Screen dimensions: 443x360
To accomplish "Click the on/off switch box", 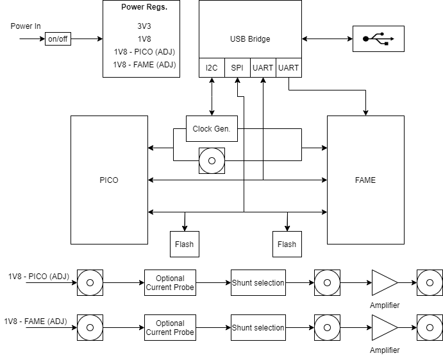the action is [x=58, y=39].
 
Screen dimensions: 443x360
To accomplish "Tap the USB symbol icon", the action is [x=378, y=39].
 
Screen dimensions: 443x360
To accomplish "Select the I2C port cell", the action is [x=212, y=68].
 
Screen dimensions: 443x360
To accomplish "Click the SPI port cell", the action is [x=237, y=68].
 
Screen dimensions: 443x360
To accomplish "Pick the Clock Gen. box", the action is [x=212, y=129].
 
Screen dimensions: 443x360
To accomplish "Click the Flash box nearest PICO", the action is [x=185, y=244].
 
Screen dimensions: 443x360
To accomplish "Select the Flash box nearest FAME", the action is [x=287, y=244].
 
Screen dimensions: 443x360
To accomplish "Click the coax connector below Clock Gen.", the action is [x=212, y=160].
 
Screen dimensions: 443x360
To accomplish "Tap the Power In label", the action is [x=26, y=26].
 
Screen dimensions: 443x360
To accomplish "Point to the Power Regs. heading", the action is [x=144, y=7].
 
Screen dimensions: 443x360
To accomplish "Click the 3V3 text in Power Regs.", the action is [x=144, y=26].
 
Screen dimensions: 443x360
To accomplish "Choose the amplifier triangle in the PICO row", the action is [x=385, y=282].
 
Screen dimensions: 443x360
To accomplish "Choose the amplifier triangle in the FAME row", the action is [x=385, y=327].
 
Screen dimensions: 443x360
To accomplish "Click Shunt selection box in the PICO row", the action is [x=258, y=282].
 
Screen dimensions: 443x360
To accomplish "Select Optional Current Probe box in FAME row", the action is [x=170, y=327].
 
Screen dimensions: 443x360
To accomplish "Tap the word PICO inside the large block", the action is [x=109, y=180].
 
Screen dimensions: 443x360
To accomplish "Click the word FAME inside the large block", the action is [x=365, y=180].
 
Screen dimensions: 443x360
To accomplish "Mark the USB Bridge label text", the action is [x=250, y=39].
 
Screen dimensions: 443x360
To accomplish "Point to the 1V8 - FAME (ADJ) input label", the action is [x=36, y=321].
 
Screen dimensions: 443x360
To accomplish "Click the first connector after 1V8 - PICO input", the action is [x=90, y=282].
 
